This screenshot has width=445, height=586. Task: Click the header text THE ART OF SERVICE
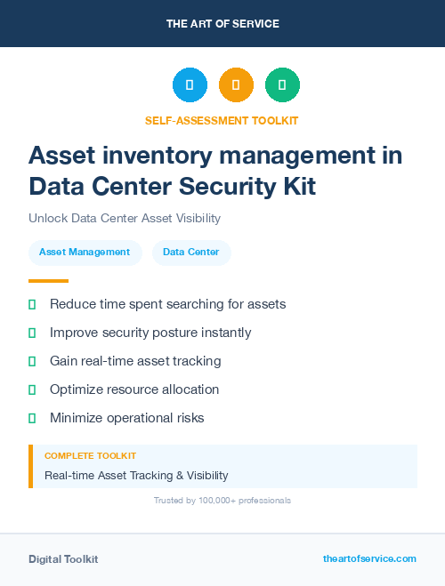click(x=222, y=24)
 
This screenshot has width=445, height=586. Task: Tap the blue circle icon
click(x=190, y=85)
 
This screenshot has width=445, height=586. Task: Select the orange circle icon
click(x=236, y=85)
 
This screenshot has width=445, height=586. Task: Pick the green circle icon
click(x=282, y=85)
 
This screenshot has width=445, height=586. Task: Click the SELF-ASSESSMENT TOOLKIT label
click(x=222, y=120)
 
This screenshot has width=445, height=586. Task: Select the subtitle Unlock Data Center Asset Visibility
click(x=124, y=218)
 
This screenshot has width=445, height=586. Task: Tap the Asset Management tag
click(x=85, y=253)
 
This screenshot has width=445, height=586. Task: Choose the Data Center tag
click(x=191, y=253)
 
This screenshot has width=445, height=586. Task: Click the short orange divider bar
click(x=43, y=280)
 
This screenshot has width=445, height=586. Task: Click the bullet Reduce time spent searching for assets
click(x=167, y=304)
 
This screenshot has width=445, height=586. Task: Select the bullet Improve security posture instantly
click(x=150, y=333)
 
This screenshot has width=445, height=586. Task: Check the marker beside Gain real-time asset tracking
click(x=32, y=362)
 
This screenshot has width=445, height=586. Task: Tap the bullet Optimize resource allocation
click(x=133, y=389)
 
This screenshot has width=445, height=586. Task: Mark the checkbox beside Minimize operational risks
click(x=32, y=418)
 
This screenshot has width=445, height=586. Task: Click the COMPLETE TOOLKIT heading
click(x=90, y=455)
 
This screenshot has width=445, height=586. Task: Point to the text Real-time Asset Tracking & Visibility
click(x=136, y=476)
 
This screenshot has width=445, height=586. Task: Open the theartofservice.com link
click(x=369, y=558)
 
